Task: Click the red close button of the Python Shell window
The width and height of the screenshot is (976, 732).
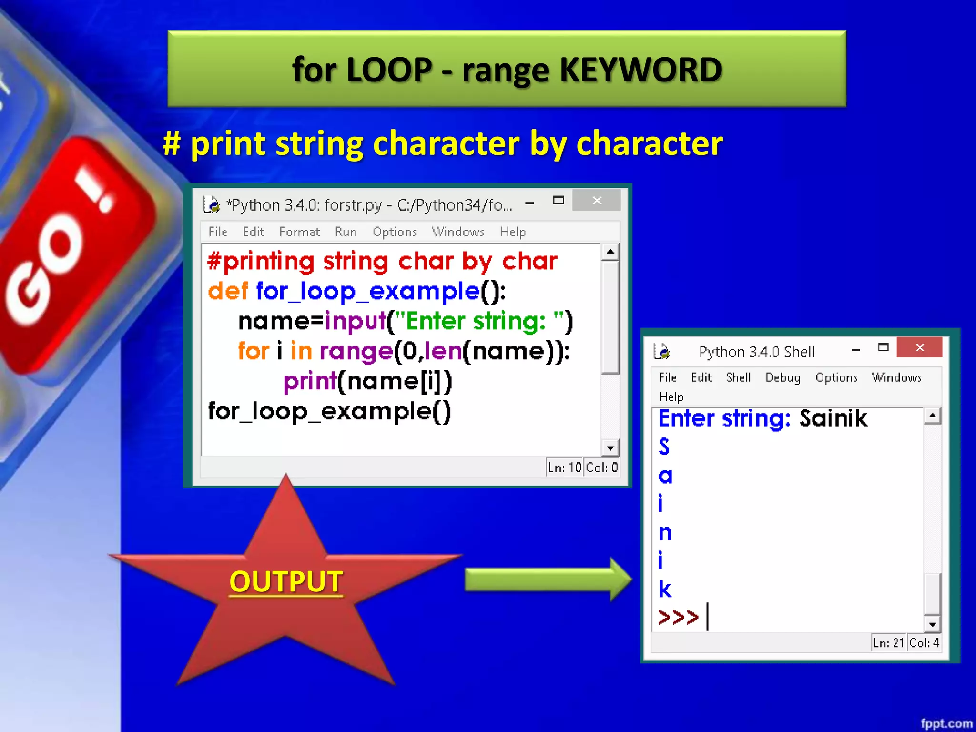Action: [x=919, y=347]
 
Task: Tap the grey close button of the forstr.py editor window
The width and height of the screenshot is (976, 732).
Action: [x=597, y=201]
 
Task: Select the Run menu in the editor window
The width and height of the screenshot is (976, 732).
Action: [x=346, y=232]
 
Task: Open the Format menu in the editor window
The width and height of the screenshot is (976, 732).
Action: [x=299, y=232]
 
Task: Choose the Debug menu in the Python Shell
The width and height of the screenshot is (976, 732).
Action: [x=783, y=377]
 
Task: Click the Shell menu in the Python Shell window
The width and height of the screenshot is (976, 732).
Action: [x=738, y=377]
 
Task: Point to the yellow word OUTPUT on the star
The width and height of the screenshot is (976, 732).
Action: [x=286, y=581]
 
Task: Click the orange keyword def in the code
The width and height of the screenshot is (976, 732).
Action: [x=228, y=291]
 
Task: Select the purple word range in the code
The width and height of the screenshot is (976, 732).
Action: [x=356, y=352]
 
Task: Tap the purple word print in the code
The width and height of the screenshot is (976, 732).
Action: [x=310, y=382]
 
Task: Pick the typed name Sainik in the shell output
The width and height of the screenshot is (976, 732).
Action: [x=833, y=418]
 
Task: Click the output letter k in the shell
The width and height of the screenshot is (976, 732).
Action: [x=665, y=590]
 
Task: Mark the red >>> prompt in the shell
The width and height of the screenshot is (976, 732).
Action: [x=678, y=617]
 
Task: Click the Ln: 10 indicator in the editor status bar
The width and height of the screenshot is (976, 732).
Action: [x=564, y=468]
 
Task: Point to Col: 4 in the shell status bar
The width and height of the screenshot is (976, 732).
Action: [x=924, y=643]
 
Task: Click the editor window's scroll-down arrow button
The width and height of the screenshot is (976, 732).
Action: [x=610, y=448]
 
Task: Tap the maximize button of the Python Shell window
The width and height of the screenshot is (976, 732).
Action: [x=883, y=347]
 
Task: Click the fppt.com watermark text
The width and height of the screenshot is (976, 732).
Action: [x=946, y=723]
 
